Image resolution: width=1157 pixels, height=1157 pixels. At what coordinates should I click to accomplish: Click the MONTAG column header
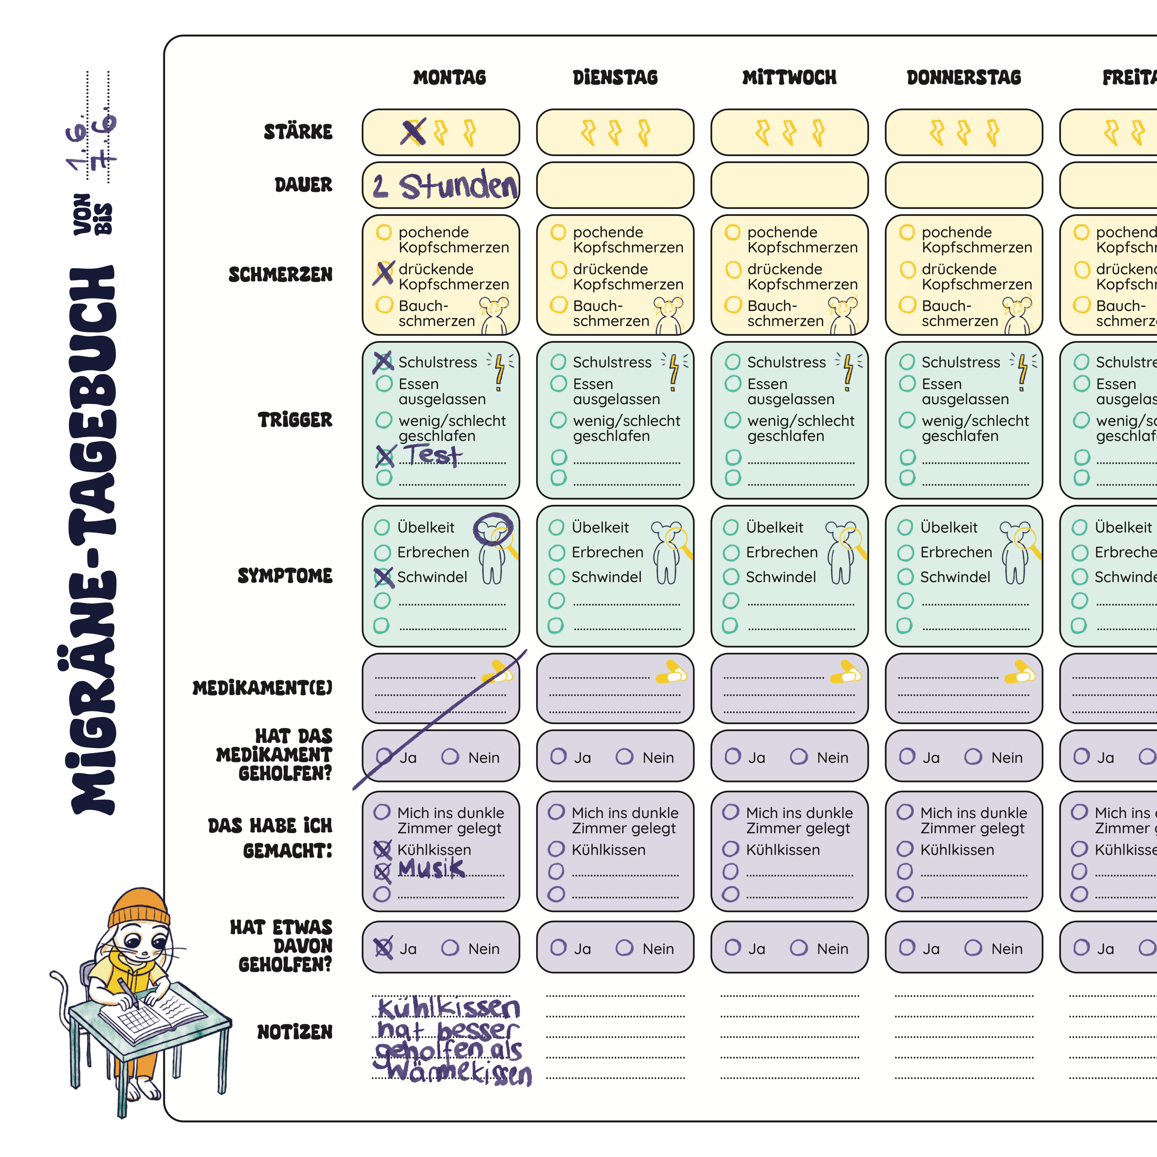(x=450, y=77)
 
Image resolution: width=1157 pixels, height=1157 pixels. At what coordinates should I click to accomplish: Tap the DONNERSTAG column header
(x=963, y=77)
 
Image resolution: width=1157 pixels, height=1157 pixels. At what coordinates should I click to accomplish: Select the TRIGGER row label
(x=295, y=420)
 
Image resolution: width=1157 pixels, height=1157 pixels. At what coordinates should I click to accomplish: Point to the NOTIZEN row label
(x=295, y=1032)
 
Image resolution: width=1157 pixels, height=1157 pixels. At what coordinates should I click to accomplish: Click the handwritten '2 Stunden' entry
(x=445, y=185)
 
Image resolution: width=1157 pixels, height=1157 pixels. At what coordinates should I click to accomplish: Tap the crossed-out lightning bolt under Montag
(x=414, y=132)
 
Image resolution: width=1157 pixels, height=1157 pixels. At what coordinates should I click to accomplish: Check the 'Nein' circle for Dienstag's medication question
(x=625, y=757)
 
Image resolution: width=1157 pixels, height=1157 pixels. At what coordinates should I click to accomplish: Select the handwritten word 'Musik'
(x=431, y=868)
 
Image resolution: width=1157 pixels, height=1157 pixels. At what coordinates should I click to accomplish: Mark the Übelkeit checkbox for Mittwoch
(x=731, y=528)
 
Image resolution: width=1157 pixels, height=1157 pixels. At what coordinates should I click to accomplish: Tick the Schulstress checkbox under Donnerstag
(x=907, y=362)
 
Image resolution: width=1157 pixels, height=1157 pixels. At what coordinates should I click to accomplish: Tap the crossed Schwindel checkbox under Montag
(x=383, y=577)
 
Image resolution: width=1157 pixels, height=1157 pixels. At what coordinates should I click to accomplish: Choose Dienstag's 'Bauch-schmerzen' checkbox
(x=559, y=305)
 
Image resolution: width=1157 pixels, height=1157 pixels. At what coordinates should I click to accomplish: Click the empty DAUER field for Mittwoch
(x=789, y=185)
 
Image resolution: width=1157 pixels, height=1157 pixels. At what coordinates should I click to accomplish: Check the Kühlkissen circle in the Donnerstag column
(x=905, y=849)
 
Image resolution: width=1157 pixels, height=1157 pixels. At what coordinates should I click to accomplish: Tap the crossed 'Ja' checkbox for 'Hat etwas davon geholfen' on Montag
(x=383, y=948)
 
